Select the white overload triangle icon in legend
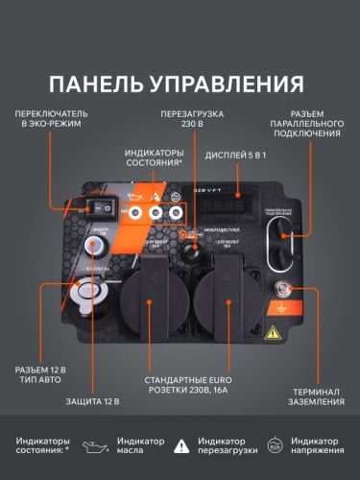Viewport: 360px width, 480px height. click(x=183, y=445)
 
